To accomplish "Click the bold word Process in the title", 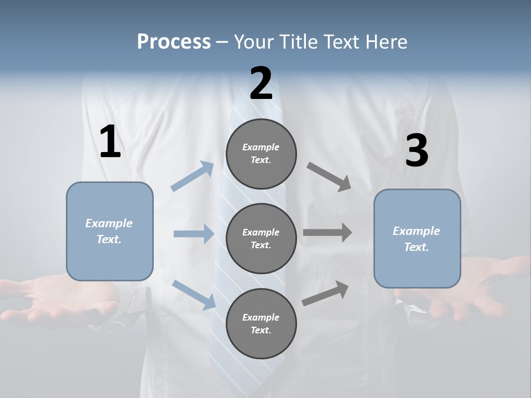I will pos(174,42).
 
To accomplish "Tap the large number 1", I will pos(110,142).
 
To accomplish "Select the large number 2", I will pos(261,83).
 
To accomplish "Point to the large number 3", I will pos(417,151).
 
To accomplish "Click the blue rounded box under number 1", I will pos(110,231).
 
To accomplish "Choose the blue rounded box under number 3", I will pos(417,239).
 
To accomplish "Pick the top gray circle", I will pos(261,154).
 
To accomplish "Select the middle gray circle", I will pos(261,238).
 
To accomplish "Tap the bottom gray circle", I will pos(261,323).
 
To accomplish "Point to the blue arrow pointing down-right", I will pos(194,295).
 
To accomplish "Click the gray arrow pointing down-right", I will pos(329,177).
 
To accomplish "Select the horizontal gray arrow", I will pos(327,233).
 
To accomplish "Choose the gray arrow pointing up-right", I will pos(325,294).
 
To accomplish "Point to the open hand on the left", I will pos(55,298).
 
